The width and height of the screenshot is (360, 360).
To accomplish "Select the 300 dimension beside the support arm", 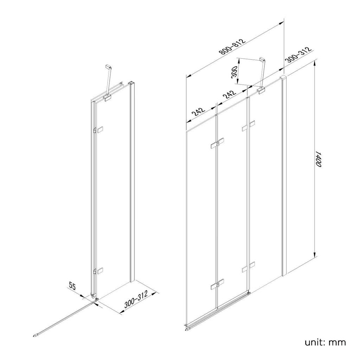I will tap(235, 72).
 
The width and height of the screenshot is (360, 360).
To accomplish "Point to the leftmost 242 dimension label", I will tap(198, 112).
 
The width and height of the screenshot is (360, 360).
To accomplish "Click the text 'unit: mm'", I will tap(326, 342).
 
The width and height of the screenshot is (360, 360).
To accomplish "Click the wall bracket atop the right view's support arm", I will tap(262, 59).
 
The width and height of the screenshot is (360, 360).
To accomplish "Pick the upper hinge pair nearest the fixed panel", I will tap(249, 126).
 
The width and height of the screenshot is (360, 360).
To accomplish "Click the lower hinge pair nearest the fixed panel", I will tap(249, 267).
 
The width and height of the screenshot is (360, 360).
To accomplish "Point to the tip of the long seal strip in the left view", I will tap(36, 335).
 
